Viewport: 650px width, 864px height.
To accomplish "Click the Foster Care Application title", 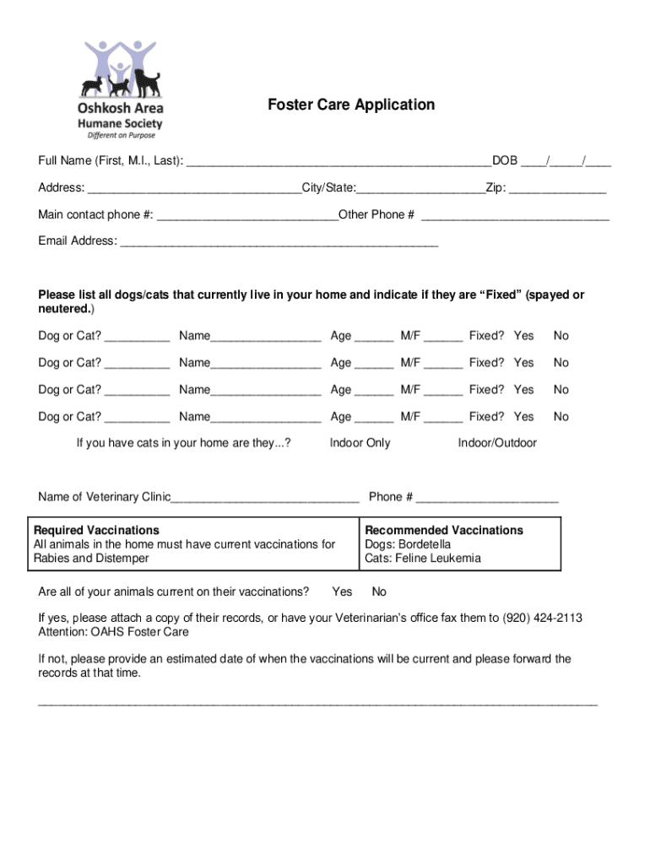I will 351,105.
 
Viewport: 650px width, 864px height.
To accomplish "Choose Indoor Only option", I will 360,443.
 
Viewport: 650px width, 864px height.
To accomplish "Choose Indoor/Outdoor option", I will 497,443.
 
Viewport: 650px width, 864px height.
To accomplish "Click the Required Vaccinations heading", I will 96,530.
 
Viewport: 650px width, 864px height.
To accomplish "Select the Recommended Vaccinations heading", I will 444,530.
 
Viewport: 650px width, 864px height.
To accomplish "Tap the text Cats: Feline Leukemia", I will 423,558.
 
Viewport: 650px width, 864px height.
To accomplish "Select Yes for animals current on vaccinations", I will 342,591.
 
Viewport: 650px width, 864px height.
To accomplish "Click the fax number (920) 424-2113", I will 542,618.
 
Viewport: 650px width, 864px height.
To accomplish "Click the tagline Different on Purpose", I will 122,135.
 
